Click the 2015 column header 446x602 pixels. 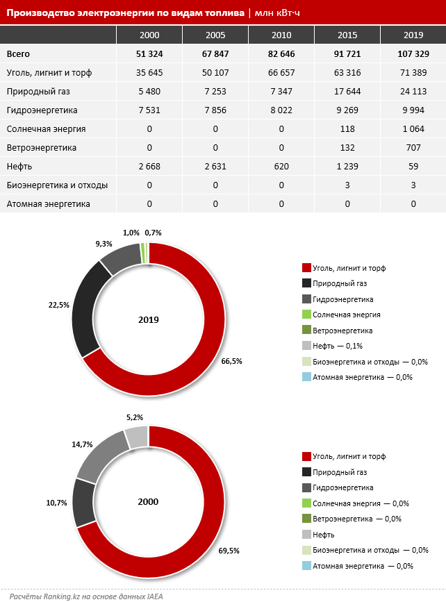point(347,35)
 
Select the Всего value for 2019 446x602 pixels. point(413,53)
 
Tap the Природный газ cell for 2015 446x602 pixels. point(347,92)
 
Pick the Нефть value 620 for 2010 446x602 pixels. point(281,166)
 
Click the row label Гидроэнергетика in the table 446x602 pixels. point(42,110)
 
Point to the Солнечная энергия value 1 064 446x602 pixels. point(413,129)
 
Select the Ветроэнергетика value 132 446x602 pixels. point(347,147)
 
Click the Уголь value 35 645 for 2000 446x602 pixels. point(149,73)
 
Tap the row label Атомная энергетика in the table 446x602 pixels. point(48,204)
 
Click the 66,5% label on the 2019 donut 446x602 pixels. point(231,361)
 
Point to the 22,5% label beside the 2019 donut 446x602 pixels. point(59,305)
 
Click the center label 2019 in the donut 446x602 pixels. point(148,320)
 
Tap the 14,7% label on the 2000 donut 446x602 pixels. point(82,444)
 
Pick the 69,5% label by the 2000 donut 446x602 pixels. point(229,551)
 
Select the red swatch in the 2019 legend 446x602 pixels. point(306,267)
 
